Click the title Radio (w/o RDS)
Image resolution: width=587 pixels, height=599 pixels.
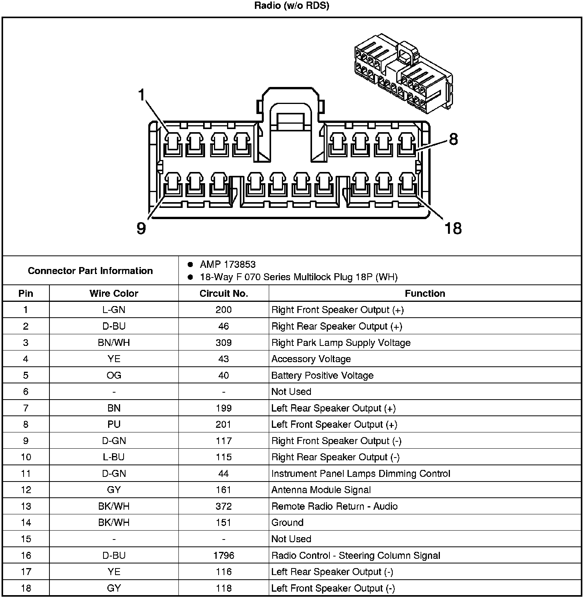[x=292, y=6]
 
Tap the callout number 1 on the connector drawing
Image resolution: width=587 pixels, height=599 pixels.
[x=142, y=94]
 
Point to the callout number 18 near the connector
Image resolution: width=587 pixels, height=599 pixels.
[x=453, y=228]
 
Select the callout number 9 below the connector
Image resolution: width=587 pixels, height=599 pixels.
[x=141, y=228]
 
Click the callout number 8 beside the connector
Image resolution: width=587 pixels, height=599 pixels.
[x=453, y=139]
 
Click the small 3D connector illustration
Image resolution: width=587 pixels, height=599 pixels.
[x=403, y=73]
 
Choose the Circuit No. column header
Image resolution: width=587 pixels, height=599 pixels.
[x=224, y=293]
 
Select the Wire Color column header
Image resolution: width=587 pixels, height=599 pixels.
[x=114, y=293]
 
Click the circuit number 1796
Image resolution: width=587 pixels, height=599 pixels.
[x=224, y=555]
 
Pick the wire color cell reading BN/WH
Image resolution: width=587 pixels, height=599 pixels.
[x=114, y=343]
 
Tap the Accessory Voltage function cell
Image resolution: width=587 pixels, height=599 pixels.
[x=311, y=359]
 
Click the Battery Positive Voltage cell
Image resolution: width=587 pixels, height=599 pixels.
[x=322, y=376]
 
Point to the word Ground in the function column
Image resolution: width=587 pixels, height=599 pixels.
[x=287, y=522]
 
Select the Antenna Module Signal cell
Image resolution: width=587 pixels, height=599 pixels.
[x=321, y=490]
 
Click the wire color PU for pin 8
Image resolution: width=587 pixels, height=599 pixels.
[x=114, y=424]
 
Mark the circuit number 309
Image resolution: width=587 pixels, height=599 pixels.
[x=224, y=343]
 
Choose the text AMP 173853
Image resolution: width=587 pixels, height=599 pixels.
[x=227, y=264]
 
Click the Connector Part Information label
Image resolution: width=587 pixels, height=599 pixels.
[x=90, y=271]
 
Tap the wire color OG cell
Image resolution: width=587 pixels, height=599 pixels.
[x=114, y=376]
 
